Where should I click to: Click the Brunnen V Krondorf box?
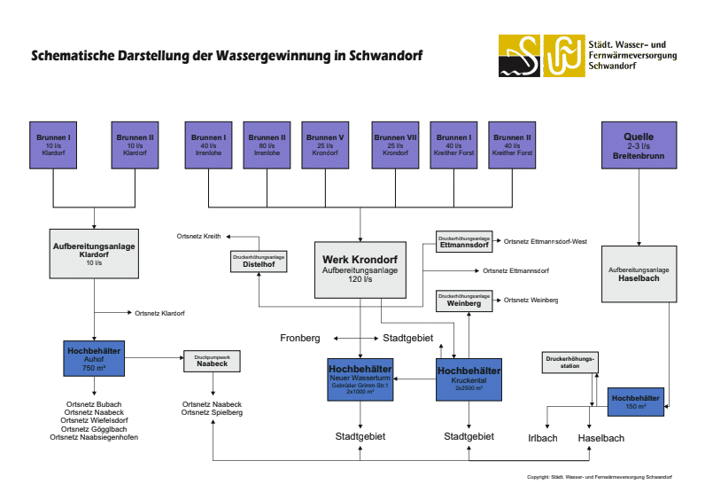325,146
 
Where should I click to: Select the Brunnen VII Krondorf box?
395,146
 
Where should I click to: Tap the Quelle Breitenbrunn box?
639,146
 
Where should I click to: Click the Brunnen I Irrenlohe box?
207,146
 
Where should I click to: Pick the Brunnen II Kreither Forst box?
512,146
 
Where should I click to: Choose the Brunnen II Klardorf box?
135,146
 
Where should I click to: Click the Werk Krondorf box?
360,269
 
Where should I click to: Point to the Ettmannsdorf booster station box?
463,242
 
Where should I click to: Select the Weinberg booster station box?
463,300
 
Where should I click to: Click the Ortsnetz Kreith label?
198,237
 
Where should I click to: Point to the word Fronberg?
299,338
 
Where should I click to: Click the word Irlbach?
542,438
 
